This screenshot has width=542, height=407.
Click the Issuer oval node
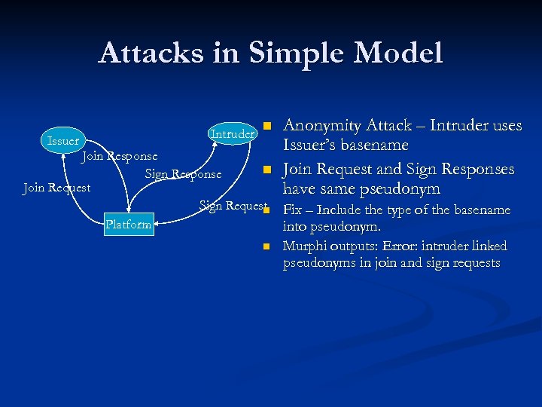[x=62, y=141]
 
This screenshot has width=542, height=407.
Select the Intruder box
[x=232, y=133]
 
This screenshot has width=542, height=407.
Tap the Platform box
[x=129, y=224]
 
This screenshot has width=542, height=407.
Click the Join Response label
[x=120, y=156]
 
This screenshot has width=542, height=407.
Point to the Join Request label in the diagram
[x=56, y=188]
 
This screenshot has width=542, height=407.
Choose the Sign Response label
[x=183, y=174]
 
